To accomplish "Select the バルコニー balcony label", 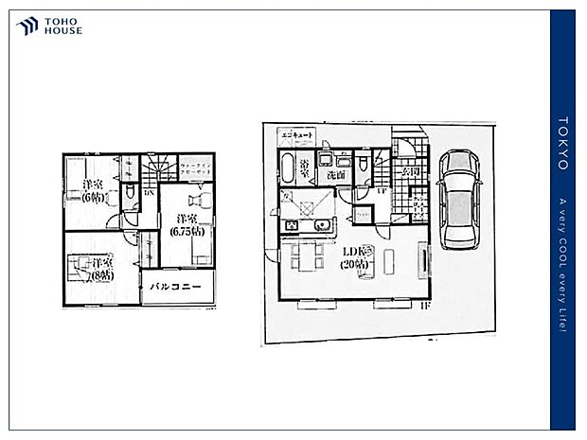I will (179, 287).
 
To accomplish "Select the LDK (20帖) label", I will (359, 258).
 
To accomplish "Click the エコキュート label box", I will (294, 136).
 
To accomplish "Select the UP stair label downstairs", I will (381, 191).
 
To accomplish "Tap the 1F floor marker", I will (425, 307).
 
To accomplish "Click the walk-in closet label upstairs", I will (197, 169).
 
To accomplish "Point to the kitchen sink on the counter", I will (321, 225).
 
